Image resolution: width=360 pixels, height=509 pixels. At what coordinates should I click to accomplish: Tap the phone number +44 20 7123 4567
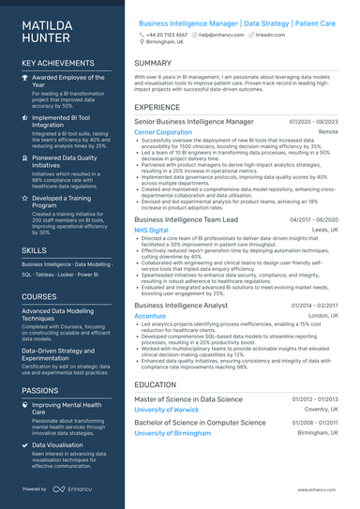(x=167, y=34)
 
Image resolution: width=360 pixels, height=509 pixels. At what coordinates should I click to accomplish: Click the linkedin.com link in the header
(x=270, y=34)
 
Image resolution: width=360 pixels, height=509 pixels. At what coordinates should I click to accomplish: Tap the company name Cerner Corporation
(x=163, y=133)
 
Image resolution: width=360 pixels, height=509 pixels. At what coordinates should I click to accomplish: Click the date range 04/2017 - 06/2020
(x=314, y=218)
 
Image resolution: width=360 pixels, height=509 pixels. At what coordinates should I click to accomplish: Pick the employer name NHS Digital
(x=152, y=230)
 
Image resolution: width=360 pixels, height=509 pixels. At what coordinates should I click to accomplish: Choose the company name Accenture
(x=150, y=316)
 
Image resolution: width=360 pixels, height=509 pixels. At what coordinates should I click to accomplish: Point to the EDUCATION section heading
(x=156, y=384)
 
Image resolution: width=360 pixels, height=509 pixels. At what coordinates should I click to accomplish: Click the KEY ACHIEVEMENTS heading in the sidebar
(x=59, y=63)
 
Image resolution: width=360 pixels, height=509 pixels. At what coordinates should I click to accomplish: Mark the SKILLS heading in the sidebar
(x=35, y=251)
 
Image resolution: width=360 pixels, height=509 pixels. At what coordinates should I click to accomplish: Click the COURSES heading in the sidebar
(x=39, y=296)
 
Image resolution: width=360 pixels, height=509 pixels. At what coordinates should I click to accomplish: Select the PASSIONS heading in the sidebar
(x=40, y=390)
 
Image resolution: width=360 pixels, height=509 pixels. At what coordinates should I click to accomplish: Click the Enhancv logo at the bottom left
(x=71, y=488)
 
